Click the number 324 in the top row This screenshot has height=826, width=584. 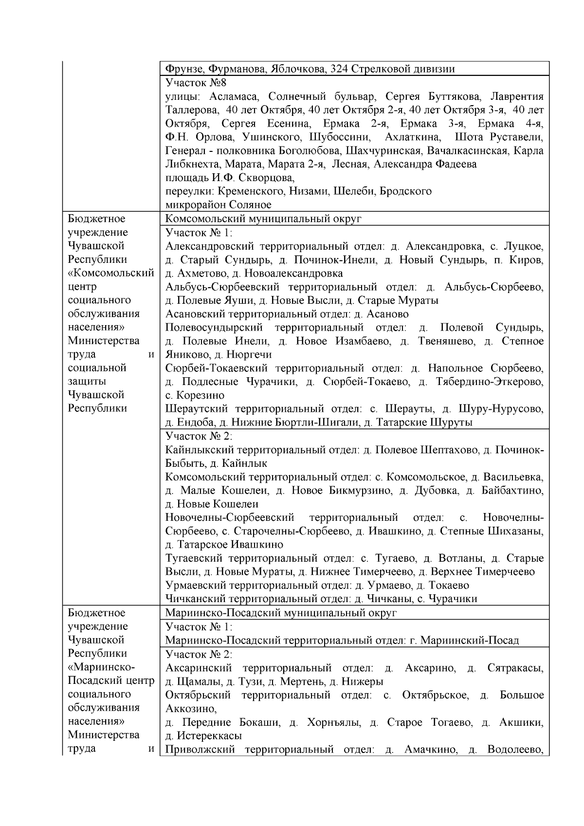[x=339, y=69]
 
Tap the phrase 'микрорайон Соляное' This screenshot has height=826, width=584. [x=218, y=205]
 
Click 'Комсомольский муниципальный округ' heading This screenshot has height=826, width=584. [x=263, y=219]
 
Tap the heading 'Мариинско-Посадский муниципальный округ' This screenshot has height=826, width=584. [x=281, y=613]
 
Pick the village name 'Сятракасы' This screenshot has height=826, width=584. [x=515, y=668]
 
